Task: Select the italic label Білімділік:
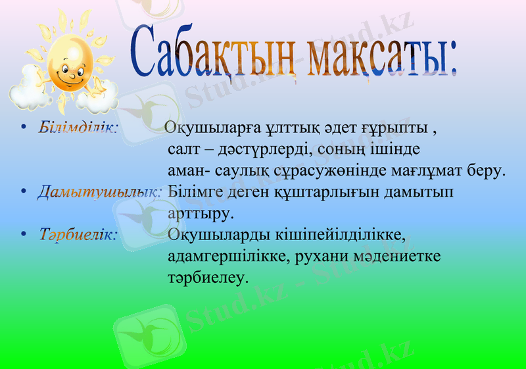(78, 126)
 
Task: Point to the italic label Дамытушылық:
(99, 192)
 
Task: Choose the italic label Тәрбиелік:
(78, 234)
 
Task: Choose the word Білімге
(193, 192)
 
